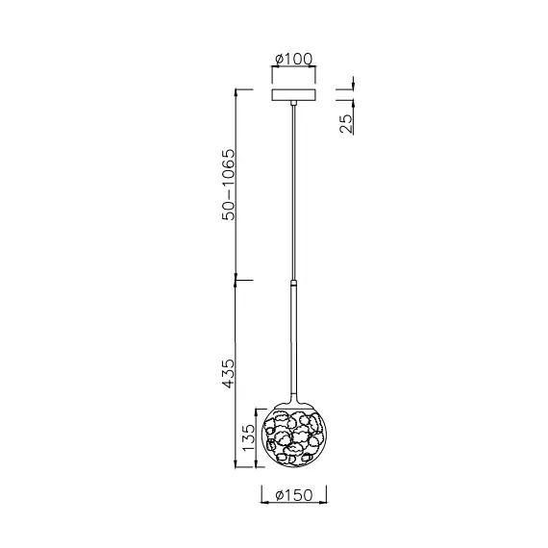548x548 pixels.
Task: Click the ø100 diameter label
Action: tap(294, 61)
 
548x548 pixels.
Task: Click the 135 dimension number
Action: tap(248, 438)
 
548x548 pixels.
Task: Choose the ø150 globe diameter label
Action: tap(295, 496)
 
